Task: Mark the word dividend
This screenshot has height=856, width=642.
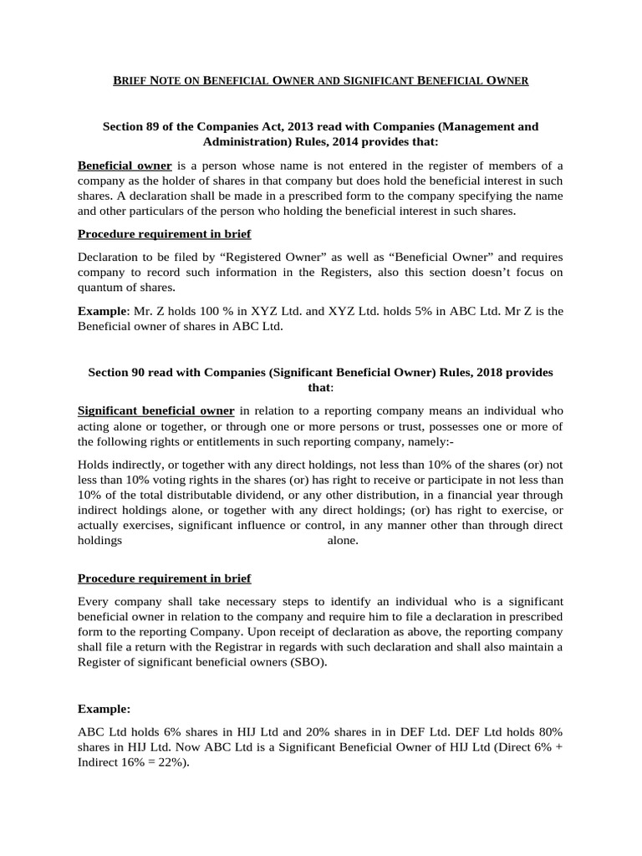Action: pos(241,495)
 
